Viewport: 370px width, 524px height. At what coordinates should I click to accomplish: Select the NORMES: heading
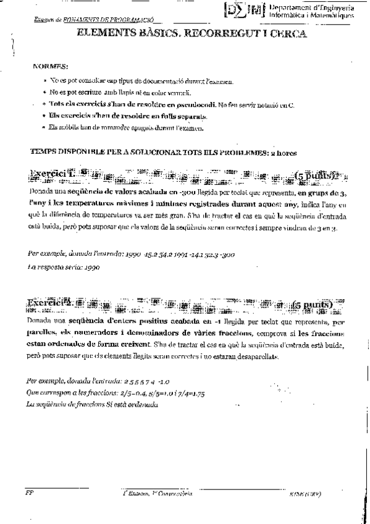tap(51, 65)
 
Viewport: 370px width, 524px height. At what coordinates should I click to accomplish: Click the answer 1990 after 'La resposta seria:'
tap(90, 268)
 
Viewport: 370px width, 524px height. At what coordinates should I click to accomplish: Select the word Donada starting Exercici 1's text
tap(41, 193)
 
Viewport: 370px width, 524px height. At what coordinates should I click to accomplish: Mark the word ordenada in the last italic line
tap(143, 404)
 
